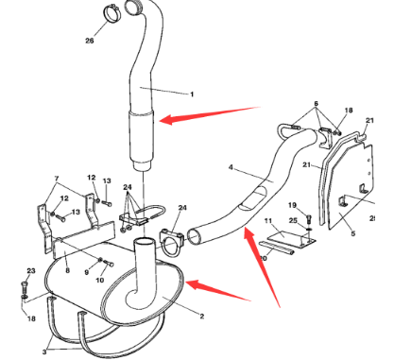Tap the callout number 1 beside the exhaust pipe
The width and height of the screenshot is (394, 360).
click(192, 94)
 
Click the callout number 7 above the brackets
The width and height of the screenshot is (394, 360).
click(56, 178)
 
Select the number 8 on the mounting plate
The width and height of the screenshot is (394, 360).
click(66, 269)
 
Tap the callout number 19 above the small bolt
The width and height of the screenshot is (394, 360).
click(292, 205)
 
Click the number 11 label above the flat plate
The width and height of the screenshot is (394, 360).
click(268, 220)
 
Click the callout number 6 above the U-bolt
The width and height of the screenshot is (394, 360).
click(317, 103)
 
